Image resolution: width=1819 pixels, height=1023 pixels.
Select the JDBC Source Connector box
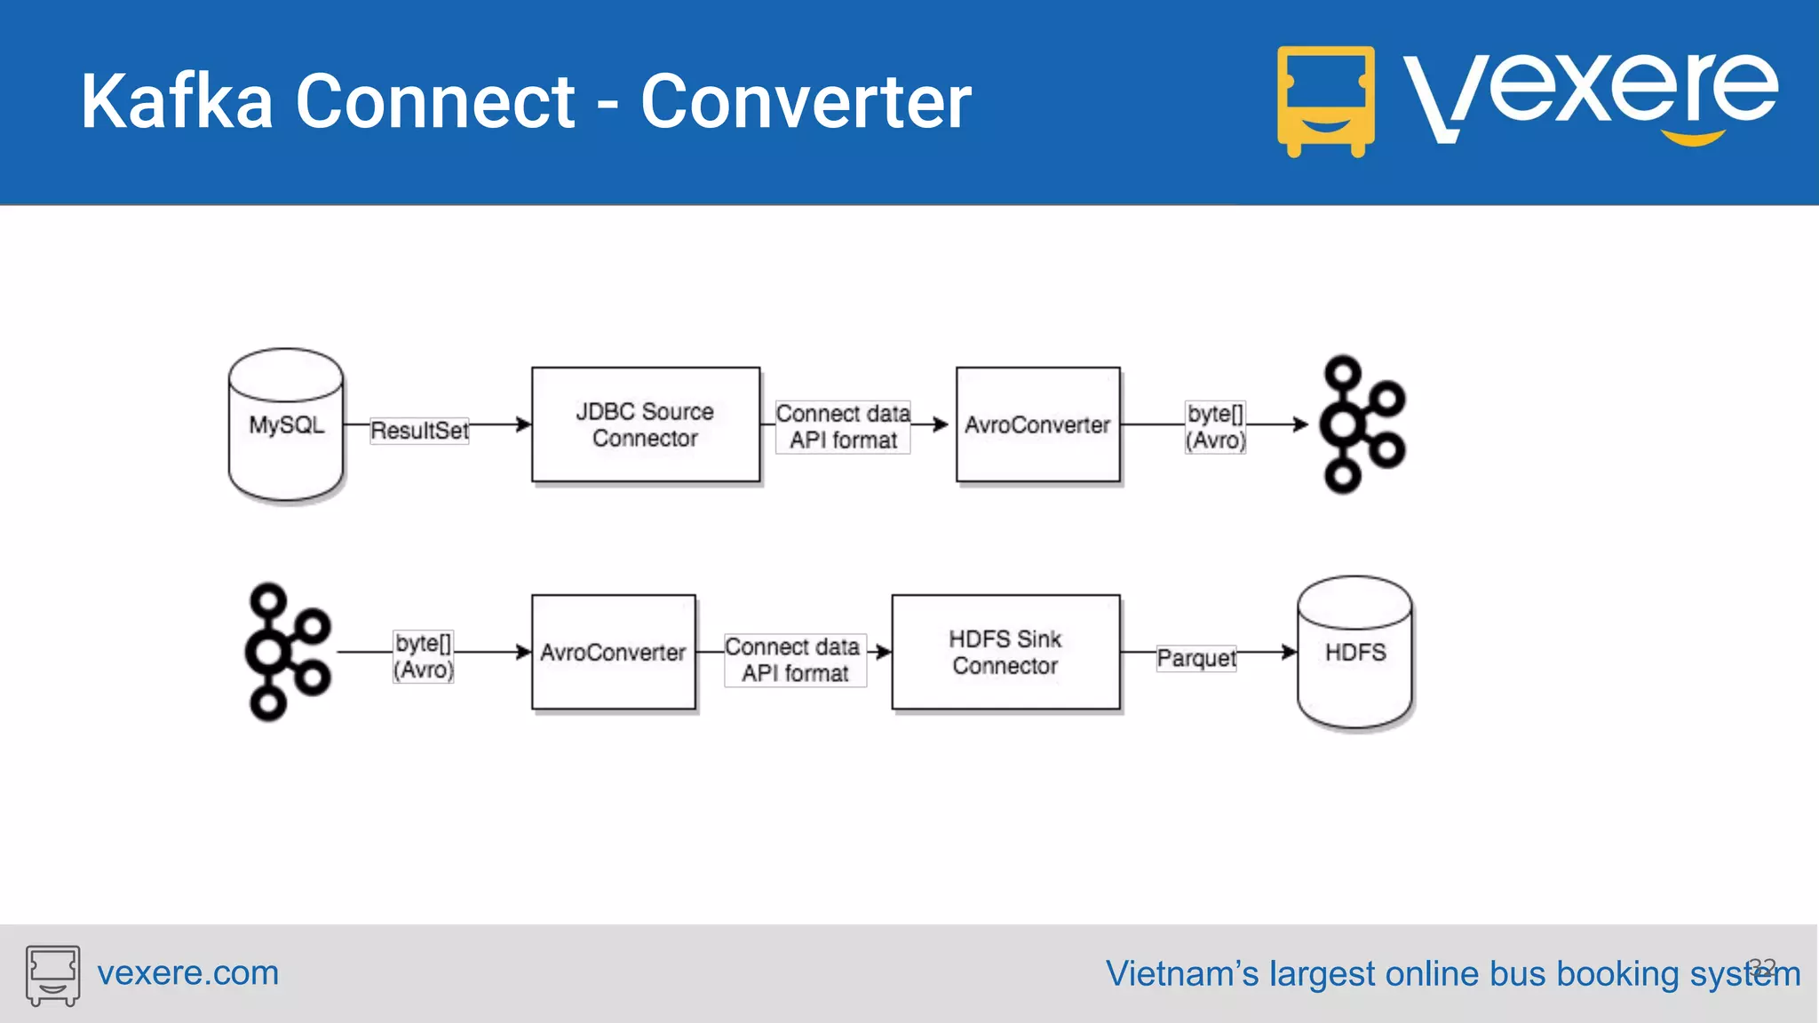click(646, 424)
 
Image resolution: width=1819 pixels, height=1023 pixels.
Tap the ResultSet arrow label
click(419, 431)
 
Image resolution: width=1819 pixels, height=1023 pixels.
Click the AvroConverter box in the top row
click(1037, 424)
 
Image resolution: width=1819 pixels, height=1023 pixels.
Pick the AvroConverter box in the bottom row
click(613, 653)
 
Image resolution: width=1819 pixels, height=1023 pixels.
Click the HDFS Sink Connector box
click(1005, 653)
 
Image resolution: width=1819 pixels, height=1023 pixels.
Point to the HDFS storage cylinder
click(1354, 653)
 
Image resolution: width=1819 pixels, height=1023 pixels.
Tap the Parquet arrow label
click(1196, 658)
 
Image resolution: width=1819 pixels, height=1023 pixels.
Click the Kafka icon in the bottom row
click(286, 653)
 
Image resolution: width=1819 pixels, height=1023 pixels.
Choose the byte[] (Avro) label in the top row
click(1215, 427)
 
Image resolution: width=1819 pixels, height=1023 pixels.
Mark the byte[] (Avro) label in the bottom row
click(424, 656)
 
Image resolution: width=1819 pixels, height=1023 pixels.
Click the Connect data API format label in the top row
click(843, 427)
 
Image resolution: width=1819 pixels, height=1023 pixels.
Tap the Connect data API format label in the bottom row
click(795, 660)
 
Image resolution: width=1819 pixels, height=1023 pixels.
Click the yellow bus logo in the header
click(1325, 100)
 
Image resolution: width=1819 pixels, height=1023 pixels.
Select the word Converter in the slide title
click(806, 102)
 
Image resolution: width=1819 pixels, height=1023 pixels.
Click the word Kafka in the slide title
click(177, 102)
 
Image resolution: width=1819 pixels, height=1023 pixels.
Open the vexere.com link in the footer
click(187, 973)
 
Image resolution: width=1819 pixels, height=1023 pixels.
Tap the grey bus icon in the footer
click(52, 975)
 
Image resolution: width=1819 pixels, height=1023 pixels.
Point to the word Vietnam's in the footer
click(1181, 974)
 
